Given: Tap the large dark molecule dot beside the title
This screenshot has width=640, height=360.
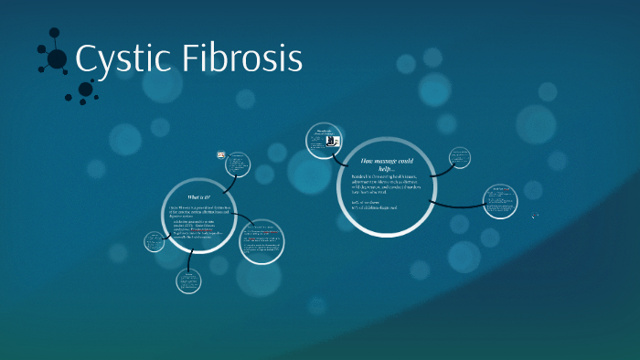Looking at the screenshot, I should coord(57,59).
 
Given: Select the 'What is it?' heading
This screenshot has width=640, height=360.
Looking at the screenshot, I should coord(198,197).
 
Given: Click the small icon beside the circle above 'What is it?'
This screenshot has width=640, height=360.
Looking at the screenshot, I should coord(221,155).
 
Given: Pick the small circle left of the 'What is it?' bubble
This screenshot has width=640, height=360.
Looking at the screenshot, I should coord(155,241).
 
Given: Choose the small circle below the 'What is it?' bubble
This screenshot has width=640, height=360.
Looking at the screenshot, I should coord(189,279).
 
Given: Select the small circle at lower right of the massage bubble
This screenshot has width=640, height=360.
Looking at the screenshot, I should coord(500,201).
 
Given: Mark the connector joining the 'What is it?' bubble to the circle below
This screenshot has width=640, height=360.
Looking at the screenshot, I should coord(189,259).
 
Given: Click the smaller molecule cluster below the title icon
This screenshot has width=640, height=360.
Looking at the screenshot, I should coord(86,89).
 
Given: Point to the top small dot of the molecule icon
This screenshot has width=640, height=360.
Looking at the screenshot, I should coord(52,34).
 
